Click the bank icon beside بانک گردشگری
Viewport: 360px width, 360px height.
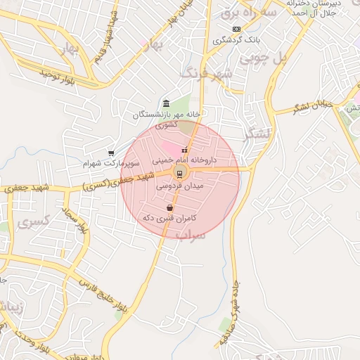[x=236, y=29]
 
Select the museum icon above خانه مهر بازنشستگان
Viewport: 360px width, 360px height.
[x=166, y=103]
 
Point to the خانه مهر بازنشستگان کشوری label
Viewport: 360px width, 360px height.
[x=167, y=119]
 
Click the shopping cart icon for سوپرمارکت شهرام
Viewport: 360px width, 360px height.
[x=111, y=153]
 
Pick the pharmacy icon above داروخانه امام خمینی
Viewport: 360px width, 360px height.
[x=185, y=150]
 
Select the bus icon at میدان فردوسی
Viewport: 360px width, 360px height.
[x=179, y=173]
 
